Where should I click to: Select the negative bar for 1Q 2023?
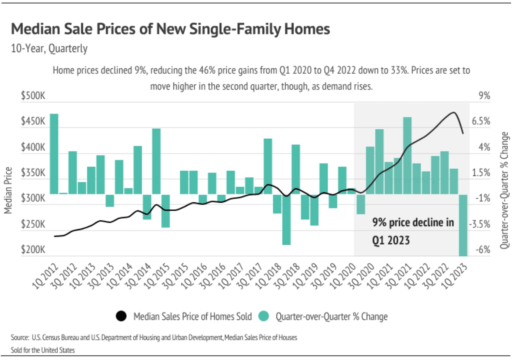(x=463, y=225)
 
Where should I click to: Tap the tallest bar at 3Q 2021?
(x=407, y=155)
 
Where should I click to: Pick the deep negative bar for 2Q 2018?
(x=286, y=219)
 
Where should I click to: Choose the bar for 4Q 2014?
(x=156, y=161)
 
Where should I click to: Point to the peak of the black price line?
(x=453, y=112)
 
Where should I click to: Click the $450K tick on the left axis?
(x=33, y=121)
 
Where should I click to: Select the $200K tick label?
(x=33, y=250)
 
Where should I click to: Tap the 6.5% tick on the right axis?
(x=481, y=121)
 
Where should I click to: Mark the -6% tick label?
(x=483, y=250)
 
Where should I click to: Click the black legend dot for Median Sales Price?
(x=121, y=316)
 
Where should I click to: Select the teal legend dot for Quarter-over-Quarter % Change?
(x=263, y=316)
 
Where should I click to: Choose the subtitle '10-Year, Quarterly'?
(x=49, y=49)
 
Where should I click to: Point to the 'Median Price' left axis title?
(x=8, y=190)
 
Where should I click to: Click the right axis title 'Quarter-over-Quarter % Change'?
(x=504, y=190)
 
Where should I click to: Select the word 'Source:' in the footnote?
(x=20, y=338)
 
